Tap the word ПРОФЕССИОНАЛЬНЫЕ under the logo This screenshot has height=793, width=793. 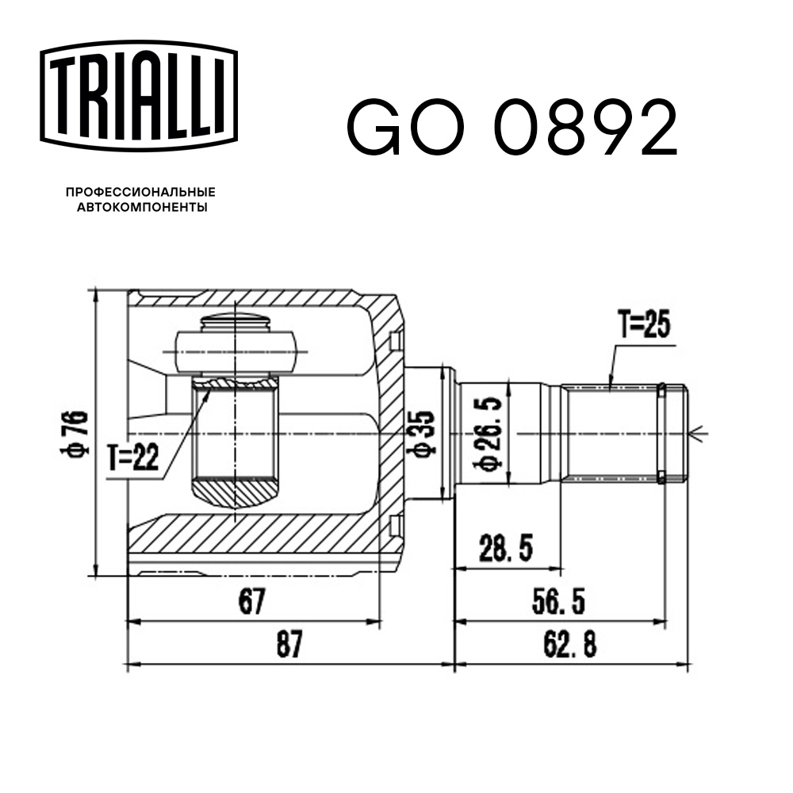(140, 192)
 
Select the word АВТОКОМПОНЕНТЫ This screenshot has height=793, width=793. (140, 208)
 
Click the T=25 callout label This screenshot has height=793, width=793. (644, 325)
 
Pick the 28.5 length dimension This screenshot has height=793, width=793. (506, 547)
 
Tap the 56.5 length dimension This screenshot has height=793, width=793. (557, 602)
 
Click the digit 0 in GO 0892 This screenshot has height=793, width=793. (519, 127)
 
